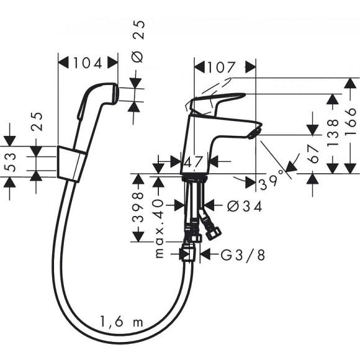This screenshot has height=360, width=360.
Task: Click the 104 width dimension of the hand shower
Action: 88,63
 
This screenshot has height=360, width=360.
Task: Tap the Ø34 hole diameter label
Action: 236,205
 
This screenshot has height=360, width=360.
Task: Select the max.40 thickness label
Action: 158,228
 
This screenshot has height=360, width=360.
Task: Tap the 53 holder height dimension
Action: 10,162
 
